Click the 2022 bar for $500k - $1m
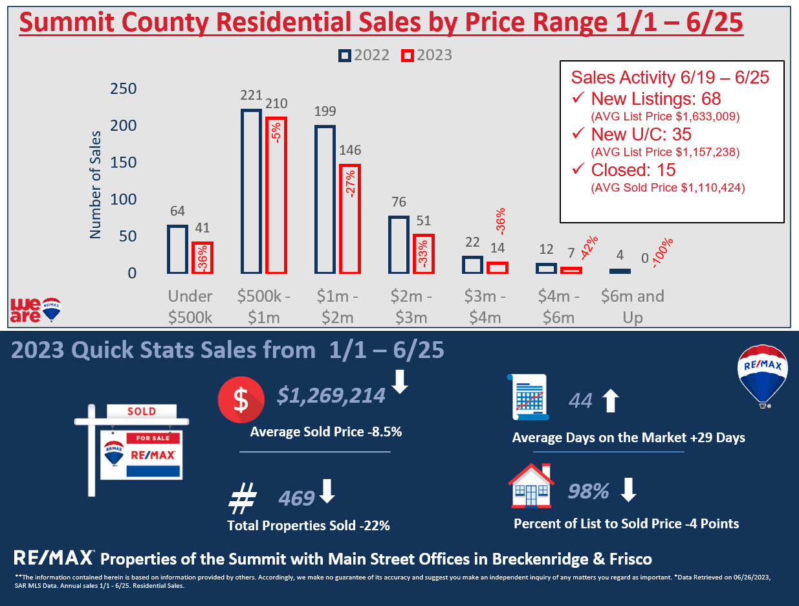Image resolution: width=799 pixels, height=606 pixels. pyautogui.click(x=251, y=192)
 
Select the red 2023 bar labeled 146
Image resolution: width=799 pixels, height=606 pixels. pyautogui.click(x=349, y=219)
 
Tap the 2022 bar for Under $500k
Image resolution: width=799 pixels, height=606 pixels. pyautogui.click(x=177, y=249)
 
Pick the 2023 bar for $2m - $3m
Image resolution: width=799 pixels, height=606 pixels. pyautogui.click(x=423, y=254)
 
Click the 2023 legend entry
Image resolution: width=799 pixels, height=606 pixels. pyautogui.click(x=426, y=55)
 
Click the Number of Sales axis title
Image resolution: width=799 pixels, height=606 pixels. pyautogui.click(x=96, y=185)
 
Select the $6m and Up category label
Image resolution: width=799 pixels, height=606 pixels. pyautogui.click(x=632, y=307)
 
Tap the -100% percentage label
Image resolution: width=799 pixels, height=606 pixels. pyautogui.click(x=663, y=253)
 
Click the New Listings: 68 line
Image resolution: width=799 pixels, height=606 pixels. pyautogui.click(x=655, y=99)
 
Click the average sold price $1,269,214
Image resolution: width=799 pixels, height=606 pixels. pyautogui.click(x=331, y=396)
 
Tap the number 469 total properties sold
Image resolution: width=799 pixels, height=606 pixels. pyautogui.click(x=296, y=498)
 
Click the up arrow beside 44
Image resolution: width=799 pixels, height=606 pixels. pyautogui.click(x=610, y=401)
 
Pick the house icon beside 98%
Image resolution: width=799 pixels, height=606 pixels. pyautogui.click(x=531, y=487)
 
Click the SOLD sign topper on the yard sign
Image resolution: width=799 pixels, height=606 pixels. pyautogui.click(x=141, y=411)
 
